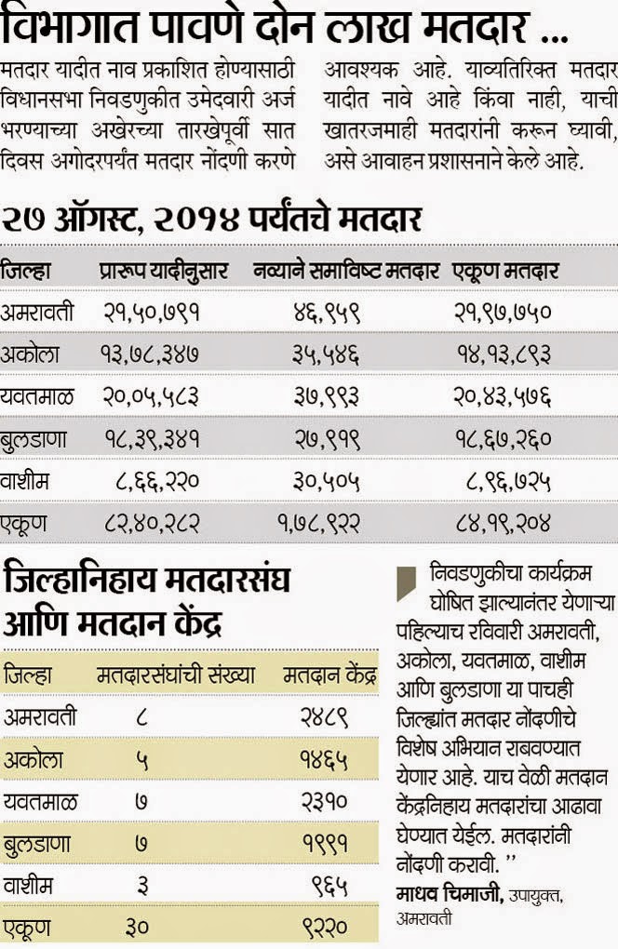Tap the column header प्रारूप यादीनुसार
pos(163,272)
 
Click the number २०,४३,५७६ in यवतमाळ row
pos(503,396)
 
